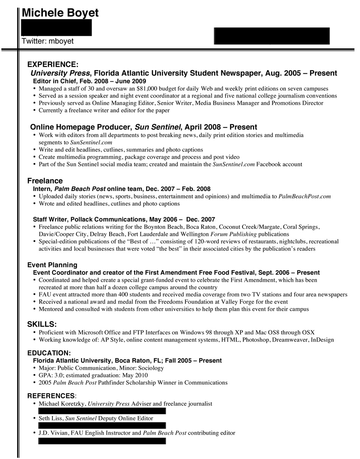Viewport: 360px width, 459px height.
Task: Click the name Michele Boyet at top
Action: [60, 13]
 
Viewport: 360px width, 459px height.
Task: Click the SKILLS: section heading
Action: [42, 324]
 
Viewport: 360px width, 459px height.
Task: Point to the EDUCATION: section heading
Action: [49, 353]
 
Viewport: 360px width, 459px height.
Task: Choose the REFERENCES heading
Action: [51, 395]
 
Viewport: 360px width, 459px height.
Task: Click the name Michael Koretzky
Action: [62, 404]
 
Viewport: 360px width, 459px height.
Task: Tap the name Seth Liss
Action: [51, 418]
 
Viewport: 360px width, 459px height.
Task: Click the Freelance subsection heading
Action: [45, 181]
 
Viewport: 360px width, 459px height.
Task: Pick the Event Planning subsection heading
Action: [52, 265]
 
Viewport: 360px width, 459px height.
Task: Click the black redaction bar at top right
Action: [272, 36]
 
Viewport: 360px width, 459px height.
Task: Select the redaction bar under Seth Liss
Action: [102, 426]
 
